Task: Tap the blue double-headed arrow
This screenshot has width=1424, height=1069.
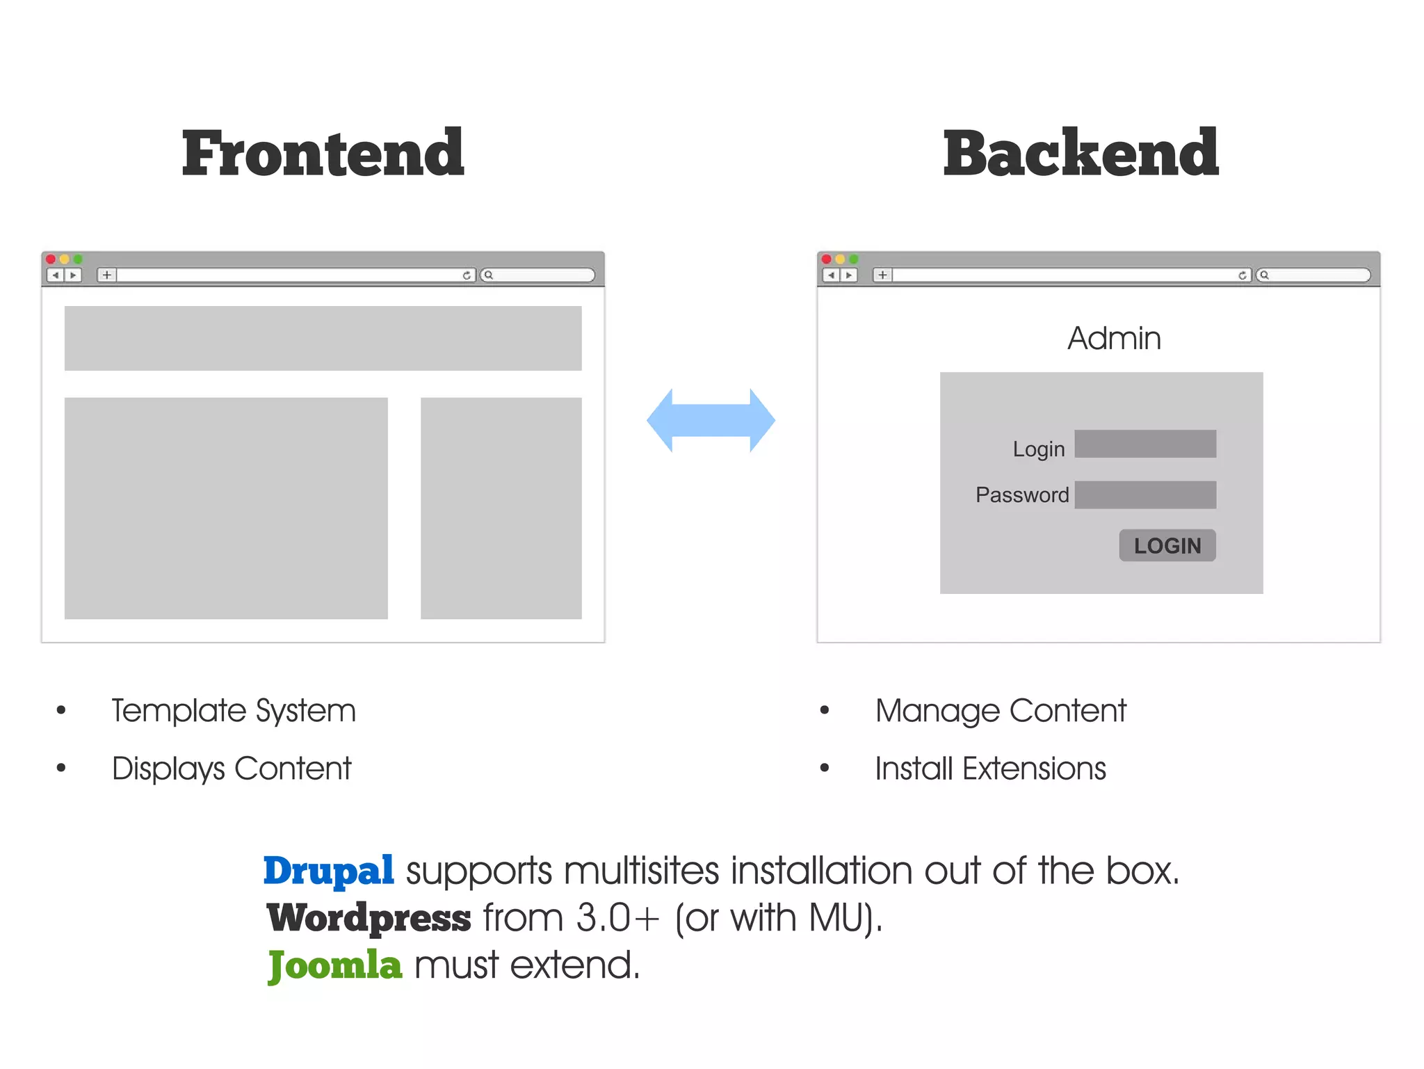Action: coord(711,421)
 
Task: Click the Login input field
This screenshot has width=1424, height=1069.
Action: coord(1145,444)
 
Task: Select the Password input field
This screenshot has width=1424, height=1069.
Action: coord(1145,495)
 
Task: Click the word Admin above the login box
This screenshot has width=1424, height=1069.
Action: coord(1114,339)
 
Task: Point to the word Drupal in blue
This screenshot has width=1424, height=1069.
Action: coord(329,871)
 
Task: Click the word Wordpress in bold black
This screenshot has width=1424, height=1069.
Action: coord(369,918)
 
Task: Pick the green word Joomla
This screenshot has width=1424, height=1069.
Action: coord(335,965)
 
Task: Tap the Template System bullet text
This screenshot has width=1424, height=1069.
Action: coord(234,711)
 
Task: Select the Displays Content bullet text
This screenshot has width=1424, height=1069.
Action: coord(232,769)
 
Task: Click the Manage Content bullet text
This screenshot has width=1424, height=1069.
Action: coord(1001,711)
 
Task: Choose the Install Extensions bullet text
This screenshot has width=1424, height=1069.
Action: coord(990,769)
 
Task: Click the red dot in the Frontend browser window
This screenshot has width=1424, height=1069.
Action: coord(51,259)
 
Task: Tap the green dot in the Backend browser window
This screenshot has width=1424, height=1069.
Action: coord(854,259)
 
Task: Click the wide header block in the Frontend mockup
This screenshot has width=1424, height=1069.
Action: coord(323,338)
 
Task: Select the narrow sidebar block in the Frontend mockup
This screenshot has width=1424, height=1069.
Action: coord(501,508)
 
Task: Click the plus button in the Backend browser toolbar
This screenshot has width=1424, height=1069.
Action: coord(882,275)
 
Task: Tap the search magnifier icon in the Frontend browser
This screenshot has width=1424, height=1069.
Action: coord(489,275)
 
